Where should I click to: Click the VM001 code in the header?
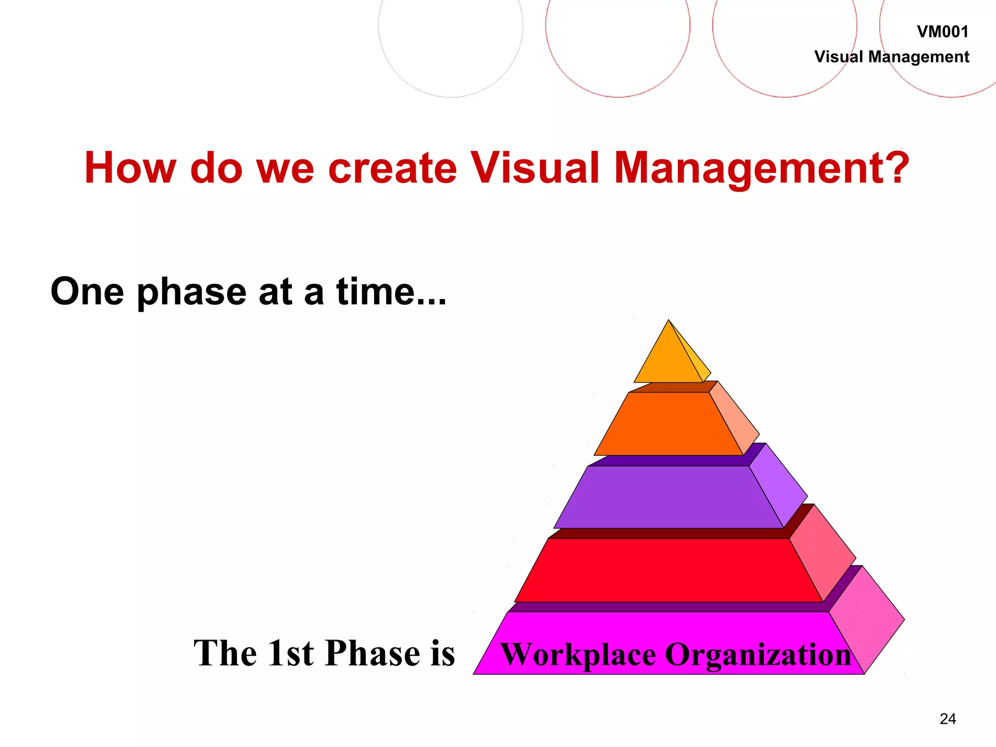coord(942,32)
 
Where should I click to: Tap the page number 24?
coord(948,719)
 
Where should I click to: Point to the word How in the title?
coord(130,168)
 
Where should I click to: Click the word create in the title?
coord(392,168)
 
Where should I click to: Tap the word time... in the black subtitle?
coord(391,292)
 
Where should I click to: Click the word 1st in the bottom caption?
coord(290,653)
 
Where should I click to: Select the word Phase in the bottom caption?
coord(373,653)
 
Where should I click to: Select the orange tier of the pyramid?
coord(669,424)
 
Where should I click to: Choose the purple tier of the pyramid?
coord(669,497)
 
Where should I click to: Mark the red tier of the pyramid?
coord(669,570)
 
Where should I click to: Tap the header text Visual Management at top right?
coord(891,57)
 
